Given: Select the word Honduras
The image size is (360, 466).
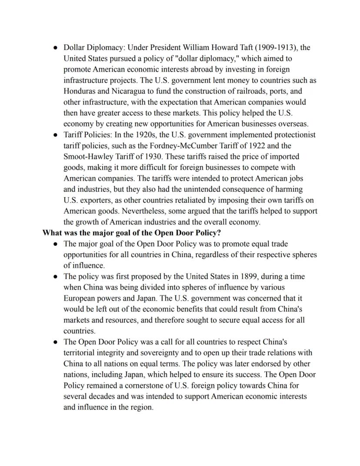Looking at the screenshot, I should (x=80, y=91).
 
